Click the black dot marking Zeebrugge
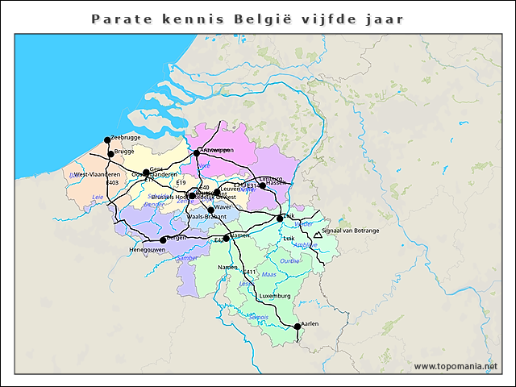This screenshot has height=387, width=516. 107,139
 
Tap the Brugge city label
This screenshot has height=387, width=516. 124,151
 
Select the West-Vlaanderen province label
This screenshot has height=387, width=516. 97,174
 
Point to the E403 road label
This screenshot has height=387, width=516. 112,183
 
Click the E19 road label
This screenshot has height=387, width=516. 180,183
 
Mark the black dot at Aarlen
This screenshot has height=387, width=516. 298,327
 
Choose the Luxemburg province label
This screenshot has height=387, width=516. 275,296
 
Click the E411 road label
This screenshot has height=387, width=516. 249,272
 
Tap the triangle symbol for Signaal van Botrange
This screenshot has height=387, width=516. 315,236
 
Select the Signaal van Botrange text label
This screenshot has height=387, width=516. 350,231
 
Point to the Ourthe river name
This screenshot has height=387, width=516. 289,261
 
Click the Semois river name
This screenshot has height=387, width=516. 258,317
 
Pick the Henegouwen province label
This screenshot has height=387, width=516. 148,250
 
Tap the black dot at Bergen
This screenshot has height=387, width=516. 163,239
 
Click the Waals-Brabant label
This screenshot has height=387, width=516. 206,217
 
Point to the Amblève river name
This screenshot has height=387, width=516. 304,245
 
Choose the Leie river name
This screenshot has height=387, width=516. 98,197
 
